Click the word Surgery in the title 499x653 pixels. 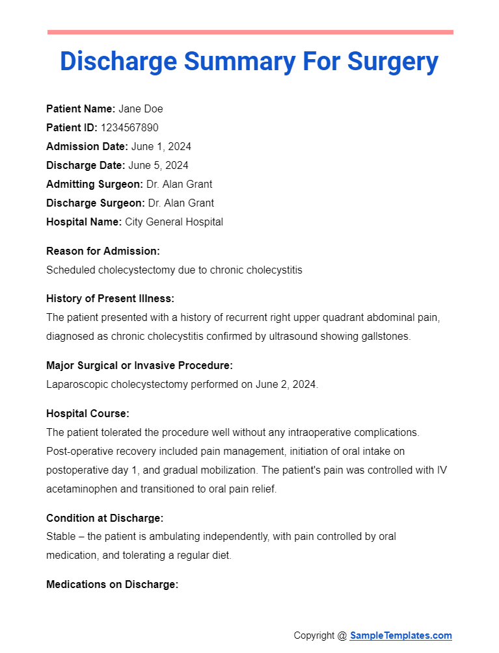(x=393, y=62)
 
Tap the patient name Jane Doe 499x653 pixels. (x=141, y=109)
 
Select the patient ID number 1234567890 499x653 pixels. (x=129, y=128)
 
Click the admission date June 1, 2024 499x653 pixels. (x=161, y=147)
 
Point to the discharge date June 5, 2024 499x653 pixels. (x=159, y=166)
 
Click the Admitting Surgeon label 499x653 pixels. (x=95, y=185)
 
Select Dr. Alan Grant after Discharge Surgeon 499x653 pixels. (x=181, y=203)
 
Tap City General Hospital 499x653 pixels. (x=174, y=222)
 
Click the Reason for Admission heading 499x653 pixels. (x=103, y=251)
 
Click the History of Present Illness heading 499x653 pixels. (x=111, y=299)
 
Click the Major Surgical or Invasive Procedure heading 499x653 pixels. (x=139, y=366)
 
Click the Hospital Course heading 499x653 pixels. (x=88, y=413)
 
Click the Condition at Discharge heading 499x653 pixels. (x=105, y=518)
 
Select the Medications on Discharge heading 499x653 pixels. (x=112, y=585)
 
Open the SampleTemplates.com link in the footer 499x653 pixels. (x=401, y=635)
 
